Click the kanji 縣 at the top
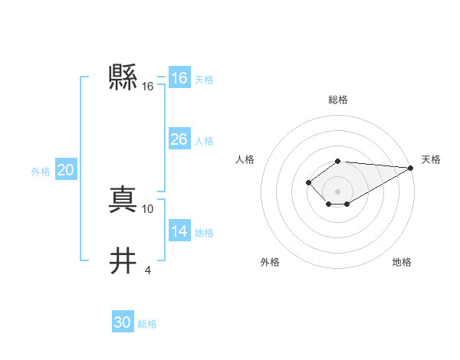[x=123, y=77]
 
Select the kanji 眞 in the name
[x=123, y=200]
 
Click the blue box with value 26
[x=179, y=139]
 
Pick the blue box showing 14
[x=179, y=231]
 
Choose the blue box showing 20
[x=65, y=171]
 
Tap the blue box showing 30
[x=122, y=322]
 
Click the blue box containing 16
[x=179, y=78]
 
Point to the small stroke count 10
[x=148, y=208]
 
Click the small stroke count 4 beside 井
[x=148, y=270]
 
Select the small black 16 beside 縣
[x=148, y=87]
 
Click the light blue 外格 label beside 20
[x=41, y=172]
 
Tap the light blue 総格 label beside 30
[x=147, y=324]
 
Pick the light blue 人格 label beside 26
[x=204, y=141]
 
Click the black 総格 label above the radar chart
[x=338, y=100]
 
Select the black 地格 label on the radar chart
[x=402, y=262]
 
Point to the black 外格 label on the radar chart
[x=270, y=262]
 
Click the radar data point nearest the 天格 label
[x=411, y=168]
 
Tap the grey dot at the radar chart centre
[x=338, y=191]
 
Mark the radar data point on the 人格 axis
[x=308, y=182]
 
